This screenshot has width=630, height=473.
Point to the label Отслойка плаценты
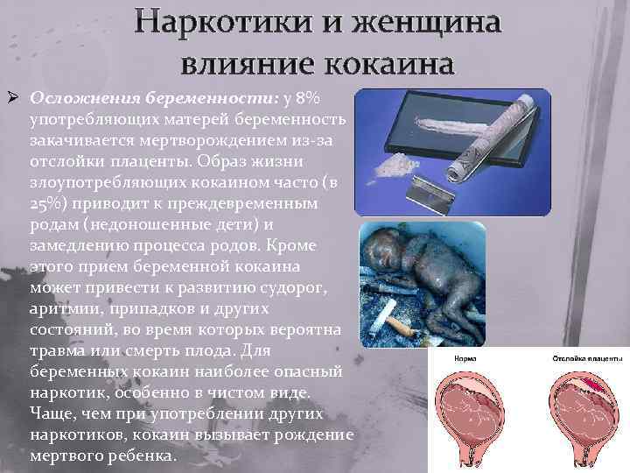(x=587, y=359)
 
